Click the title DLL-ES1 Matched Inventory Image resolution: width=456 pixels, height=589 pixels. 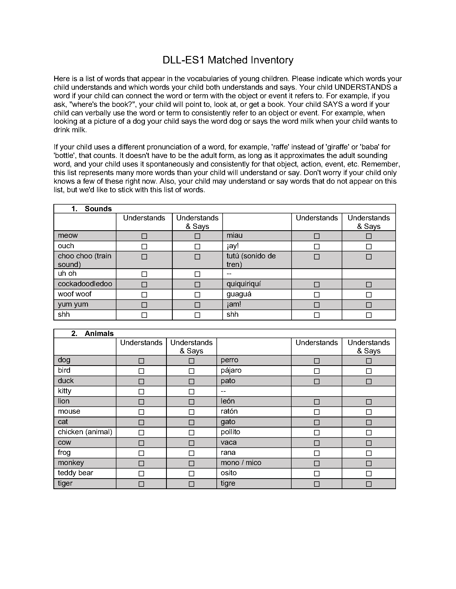[228, 60]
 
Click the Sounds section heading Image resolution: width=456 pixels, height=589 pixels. [98, 209]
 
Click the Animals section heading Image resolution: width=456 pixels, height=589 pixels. [99, 333]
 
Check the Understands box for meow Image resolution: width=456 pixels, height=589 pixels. [144, 236]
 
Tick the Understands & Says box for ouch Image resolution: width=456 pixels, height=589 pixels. [197, 247]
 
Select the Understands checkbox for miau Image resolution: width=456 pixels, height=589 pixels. [317, 236]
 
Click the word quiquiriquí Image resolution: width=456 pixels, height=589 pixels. [244, 284]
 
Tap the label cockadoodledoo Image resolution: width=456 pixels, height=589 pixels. [85, 284]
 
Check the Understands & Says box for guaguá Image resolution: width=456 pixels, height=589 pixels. [369, 294]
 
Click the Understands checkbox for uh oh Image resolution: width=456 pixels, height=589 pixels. [144, 274]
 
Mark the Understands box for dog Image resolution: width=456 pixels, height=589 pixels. [141, 361]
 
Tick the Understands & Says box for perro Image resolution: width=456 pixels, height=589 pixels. [369, 361]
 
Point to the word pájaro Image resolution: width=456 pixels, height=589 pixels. [231, 371]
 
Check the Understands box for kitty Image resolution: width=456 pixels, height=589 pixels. [141, 392]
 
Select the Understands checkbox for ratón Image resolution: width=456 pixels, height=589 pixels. [317, 412]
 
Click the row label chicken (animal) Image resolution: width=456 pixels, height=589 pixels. [85, 432]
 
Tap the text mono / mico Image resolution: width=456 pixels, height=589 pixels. [241, 463]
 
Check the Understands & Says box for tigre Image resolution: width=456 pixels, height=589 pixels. [369, 484]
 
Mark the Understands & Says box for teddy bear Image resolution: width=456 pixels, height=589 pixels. [192, 474]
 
